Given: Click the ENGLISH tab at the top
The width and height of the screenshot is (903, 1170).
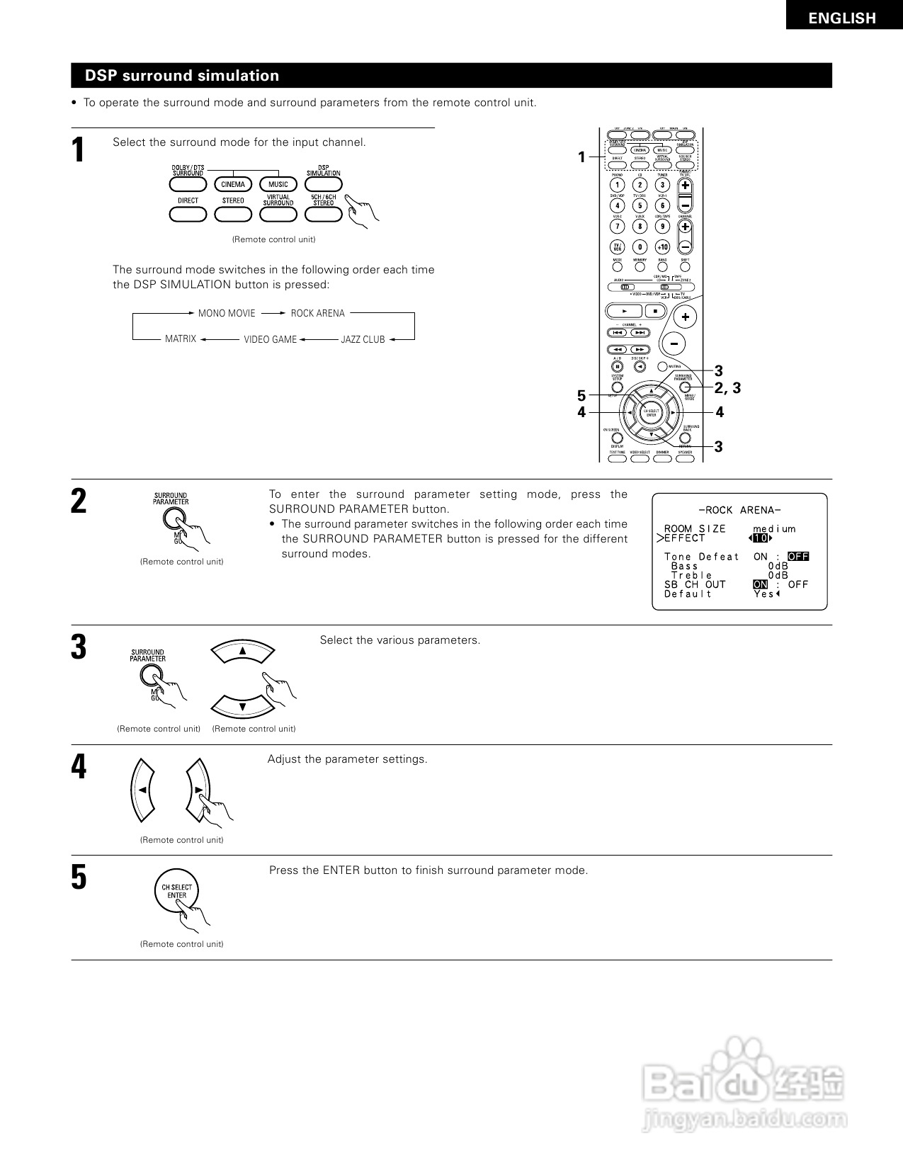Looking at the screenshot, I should [x=842, y=18].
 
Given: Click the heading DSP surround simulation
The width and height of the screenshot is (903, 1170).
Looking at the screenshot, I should [x=182, y=76].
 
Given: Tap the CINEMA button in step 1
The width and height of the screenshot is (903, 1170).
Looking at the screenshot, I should [x=233, y=184].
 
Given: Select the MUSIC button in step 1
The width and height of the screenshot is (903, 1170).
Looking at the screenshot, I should [x=278, y=184].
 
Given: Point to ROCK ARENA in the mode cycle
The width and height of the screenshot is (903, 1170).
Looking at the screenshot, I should [x=317, y=313].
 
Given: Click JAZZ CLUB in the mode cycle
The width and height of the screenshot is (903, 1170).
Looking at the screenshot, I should [x=363, y=339].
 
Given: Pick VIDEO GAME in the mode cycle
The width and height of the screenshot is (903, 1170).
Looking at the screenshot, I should [x=270, y=339].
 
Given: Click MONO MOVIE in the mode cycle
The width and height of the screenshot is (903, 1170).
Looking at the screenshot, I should [x=227, y=313].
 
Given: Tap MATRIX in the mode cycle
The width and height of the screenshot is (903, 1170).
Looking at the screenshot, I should [x=181, y=339].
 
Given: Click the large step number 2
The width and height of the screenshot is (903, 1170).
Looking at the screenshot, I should [x=79, y=502].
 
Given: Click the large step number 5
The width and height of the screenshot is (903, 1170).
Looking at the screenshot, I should [x=79, y=877].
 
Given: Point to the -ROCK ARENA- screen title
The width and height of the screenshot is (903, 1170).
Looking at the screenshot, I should [x=739, y=510].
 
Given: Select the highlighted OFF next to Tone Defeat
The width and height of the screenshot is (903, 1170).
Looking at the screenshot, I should [x=798, y=557].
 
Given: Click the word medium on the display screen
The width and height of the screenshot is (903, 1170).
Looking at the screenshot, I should [x=774, y=528].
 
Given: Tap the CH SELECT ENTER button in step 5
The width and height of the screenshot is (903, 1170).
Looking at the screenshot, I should [x=176, y=892].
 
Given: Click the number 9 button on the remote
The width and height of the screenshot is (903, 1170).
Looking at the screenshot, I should [x=662, y=227].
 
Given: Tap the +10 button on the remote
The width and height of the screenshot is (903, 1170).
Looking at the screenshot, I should [x=662, y=247].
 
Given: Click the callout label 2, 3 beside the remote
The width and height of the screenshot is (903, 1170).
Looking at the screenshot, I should [x=727, y=388].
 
